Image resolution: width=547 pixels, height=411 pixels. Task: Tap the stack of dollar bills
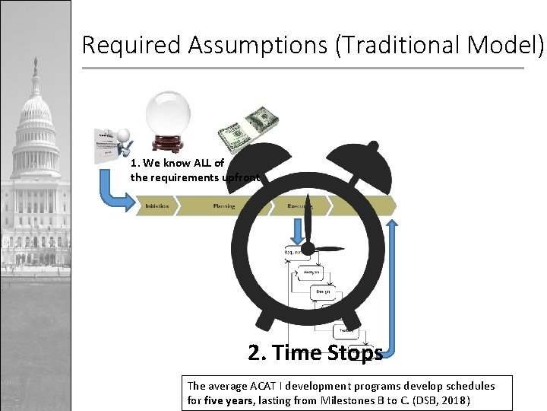click(x=248, y=129)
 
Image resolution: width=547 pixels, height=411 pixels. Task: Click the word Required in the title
click(x=131, y=45)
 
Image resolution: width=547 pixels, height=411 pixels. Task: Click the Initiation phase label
click(x=157, y=206)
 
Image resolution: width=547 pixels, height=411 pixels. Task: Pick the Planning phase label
click(x=224, y=206)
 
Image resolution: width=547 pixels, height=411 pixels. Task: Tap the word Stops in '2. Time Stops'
click(x=349, y=353)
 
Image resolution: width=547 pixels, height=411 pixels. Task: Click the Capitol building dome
click(x=35, y=107)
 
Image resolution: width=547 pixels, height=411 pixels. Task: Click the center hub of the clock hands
click(x=308, y=248)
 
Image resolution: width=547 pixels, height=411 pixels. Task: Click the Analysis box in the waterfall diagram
click(x=311, y=272)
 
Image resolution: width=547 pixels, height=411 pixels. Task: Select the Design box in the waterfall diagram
click(x=324, y=292)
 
